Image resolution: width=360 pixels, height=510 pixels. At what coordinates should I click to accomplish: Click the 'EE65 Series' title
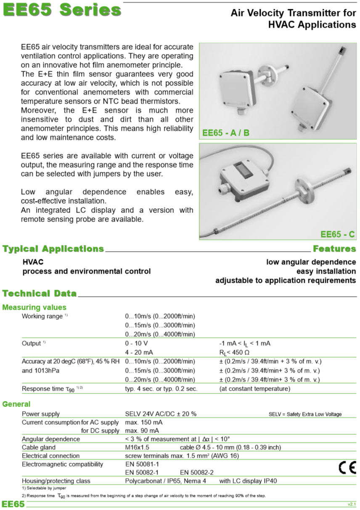(62, 11)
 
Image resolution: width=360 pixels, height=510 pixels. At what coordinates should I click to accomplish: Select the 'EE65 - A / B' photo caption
(226, 133)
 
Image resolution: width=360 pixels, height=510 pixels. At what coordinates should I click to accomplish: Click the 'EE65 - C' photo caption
(337, 234)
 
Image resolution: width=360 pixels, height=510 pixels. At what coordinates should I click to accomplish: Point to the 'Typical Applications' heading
(53, 249)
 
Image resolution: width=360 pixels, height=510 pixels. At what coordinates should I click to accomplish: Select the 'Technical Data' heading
(40, 293)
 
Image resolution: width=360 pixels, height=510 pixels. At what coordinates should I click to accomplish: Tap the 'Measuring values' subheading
(34, 307)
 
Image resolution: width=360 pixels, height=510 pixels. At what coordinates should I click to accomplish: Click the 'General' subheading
(16, 404)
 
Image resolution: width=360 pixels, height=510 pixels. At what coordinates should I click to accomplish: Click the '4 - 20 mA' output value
(139, 352)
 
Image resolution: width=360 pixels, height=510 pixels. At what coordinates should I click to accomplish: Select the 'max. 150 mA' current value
(143, 422)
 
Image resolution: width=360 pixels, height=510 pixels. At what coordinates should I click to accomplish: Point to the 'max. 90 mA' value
(141, 430)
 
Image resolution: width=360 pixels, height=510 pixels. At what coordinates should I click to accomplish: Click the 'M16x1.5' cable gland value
(137, 447)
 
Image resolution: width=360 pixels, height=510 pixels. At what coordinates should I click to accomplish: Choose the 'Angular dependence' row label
(51, 439)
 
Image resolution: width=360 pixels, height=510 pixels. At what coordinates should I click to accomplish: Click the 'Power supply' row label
(41, 414)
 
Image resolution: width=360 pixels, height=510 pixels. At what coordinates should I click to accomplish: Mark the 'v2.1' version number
(352, 504)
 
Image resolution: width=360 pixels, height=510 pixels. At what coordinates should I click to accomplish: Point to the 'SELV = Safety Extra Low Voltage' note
(305, 414)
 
